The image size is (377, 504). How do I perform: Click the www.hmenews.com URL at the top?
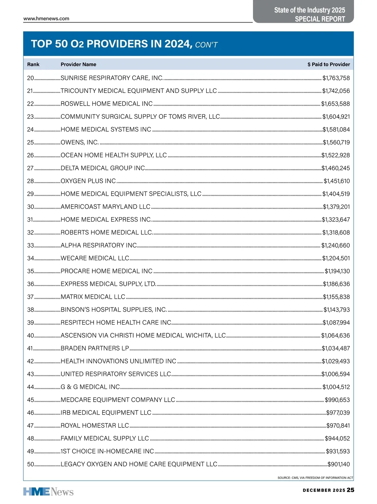pyautogui.click(x=46, y=19)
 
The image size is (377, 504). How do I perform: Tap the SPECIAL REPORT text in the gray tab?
pyautogui.click(x=320, y=19)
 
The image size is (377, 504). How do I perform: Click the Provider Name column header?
pyautogui.click(x=78, y=64)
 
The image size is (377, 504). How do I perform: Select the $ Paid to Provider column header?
pyautogui.click(x=329, y=64)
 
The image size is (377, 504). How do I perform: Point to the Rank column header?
pyautogui.click(x=33, y=64)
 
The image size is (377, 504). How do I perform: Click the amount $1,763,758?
pyautogui.click(x=336, y=78)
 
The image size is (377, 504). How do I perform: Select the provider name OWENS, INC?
pyautogui.click(x=80, y=142)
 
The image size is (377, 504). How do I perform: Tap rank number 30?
pyautogui.click(x=30, y=207)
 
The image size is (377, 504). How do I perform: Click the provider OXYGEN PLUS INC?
pyautogui.click(x=88, y=181)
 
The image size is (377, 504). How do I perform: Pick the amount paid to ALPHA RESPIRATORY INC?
pyautogui.click(x=335, y=245)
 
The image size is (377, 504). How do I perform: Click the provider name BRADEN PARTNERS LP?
pyautogui.click(x=95, y=348)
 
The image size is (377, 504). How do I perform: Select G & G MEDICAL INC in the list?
pyautogui.click(x=90, y=387)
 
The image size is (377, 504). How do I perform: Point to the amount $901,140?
pyautogui.click(x=338, y=464)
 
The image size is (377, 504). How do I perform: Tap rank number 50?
pyautogui.click(x=30, y=464)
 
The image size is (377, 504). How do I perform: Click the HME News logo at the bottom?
pyautogui.click(x=48, y=491)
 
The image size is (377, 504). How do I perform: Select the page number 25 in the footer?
pyautogui.click(x=351, y=490)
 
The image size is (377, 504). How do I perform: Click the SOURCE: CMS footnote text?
pyautogui.click(x=315, y=478)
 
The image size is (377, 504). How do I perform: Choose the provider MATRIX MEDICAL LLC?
pyautogui.click(x=93, y=297)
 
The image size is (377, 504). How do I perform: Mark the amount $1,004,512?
pyautogui.click(x=336, y=387)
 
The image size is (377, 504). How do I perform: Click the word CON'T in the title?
pyautogui.click(x=206, y=45)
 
